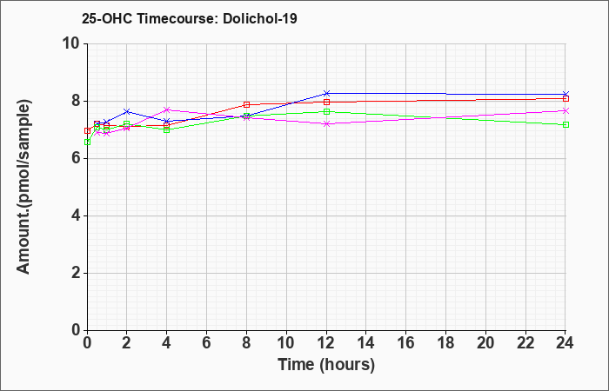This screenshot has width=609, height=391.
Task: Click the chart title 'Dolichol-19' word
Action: tap(260, 18)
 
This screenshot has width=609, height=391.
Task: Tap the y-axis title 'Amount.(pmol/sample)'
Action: tap(24, 187)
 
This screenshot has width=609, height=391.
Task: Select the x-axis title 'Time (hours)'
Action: tap(326, 365)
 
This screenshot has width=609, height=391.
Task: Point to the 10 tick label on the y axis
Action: tap(73, 43)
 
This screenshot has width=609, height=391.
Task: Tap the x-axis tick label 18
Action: tap(445, 343)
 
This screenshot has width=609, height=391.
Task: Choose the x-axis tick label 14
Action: tap(366, 343)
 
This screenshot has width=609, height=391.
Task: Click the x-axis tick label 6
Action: tap(207, 343)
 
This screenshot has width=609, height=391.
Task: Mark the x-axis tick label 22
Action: tap(525, 343)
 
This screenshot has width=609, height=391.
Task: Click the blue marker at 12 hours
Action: tap(326, 93)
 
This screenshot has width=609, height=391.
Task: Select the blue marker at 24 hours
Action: tap(565, 94)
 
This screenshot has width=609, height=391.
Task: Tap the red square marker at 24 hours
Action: tap(565, 98)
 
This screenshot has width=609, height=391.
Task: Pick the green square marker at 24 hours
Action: tap(565, 124)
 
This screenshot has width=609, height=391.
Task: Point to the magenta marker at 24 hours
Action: tap(565, 110)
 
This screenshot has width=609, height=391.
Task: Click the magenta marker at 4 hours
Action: tap(167, 109)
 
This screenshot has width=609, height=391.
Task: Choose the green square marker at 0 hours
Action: tap(87, 142)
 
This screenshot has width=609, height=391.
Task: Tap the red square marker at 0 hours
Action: tap(87, 130)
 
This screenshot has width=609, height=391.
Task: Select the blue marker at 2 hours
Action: tap(127, 112)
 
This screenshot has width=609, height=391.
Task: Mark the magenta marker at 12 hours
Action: tap(326, 123)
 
